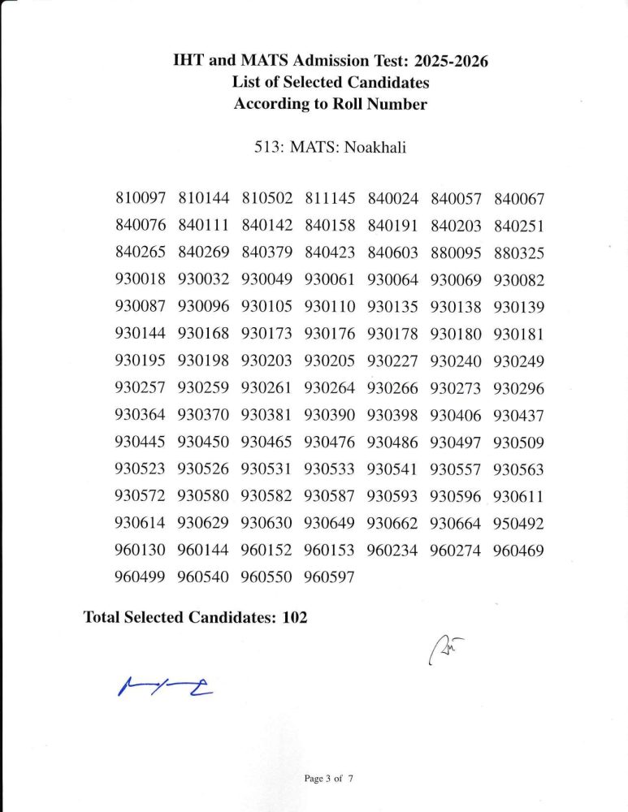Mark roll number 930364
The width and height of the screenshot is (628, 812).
[x=141, y=416]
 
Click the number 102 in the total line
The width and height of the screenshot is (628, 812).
[x=295, y=617]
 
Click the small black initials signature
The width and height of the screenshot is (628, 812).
[x=445, y=650]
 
